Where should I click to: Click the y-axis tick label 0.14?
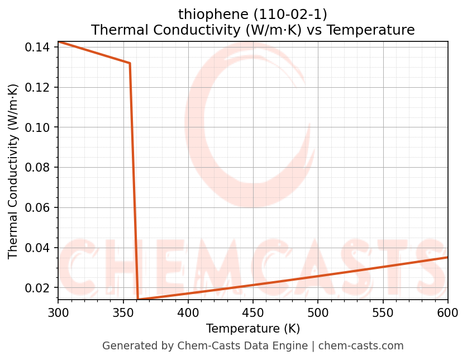(x=37, y=48)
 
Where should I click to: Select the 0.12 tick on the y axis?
(x=37, y=88)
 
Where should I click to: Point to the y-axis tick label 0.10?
(x=37, y=127)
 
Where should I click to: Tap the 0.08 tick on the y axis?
(x=37, y=168)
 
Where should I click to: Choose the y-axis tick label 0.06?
(x=37, y=208)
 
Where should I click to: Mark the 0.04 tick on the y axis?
(x=37, y=248)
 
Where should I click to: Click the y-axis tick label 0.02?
(x=37, y=288)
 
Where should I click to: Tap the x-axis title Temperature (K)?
(x=253, y=328)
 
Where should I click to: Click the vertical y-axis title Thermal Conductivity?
(x=13, y=171)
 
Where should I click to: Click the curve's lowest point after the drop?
(x=138, y=300)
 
